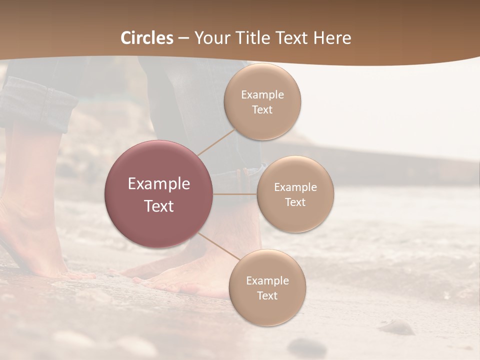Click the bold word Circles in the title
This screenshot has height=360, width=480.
click(147, 38)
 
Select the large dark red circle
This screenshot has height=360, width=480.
click(159, 194)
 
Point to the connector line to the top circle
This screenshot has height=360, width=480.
click(216, 141)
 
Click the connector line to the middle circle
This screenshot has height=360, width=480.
click(235, 194)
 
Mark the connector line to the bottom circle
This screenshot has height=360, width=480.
click(218, 246)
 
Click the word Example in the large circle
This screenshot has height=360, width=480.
click(159, 183)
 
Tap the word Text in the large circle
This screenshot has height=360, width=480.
click(159, 206)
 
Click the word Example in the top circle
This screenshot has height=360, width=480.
click(262, 94)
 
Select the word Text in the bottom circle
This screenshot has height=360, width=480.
click(267, 295)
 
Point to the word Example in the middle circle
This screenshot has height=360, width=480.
click(295, 187)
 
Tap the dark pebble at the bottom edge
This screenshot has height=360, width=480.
click(306, 346)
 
